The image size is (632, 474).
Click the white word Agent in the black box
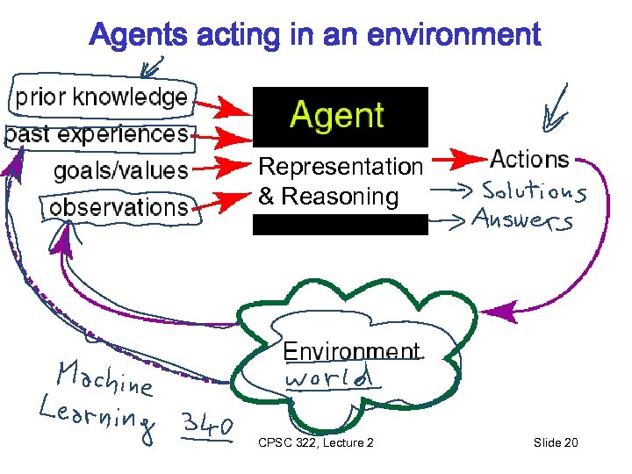337,116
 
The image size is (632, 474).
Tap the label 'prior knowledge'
102,97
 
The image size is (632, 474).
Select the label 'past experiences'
97,134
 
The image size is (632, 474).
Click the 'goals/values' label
121,170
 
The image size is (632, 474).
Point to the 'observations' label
119,208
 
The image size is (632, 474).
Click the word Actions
529,160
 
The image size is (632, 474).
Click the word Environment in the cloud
351,352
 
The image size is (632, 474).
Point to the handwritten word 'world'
328,379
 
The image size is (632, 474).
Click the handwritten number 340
207,426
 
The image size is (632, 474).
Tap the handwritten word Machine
104,378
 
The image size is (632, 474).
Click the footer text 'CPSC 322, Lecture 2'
316,442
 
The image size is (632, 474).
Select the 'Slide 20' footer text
556,442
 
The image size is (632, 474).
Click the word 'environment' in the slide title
453,36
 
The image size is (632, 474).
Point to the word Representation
341,166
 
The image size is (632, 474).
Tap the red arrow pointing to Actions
456,161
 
